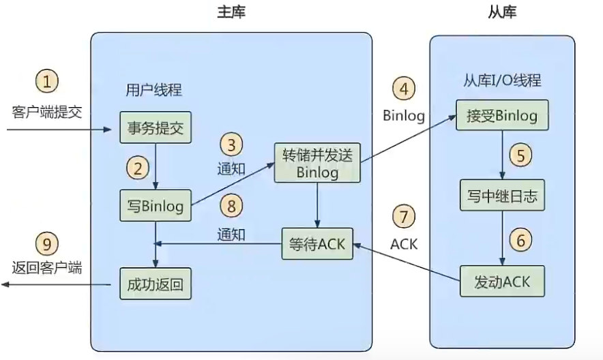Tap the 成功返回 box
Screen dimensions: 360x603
point(155,283)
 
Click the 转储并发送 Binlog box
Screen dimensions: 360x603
point(317,162)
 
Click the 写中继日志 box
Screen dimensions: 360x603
point(502,197)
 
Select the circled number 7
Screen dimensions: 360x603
point(404,217)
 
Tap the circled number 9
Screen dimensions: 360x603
point(46,243)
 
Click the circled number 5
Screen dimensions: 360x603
point(521,155)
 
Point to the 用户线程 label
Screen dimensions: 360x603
point(154,90)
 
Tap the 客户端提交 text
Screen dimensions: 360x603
point(46,111)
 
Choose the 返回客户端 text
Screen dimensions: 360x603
point(46,268)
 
